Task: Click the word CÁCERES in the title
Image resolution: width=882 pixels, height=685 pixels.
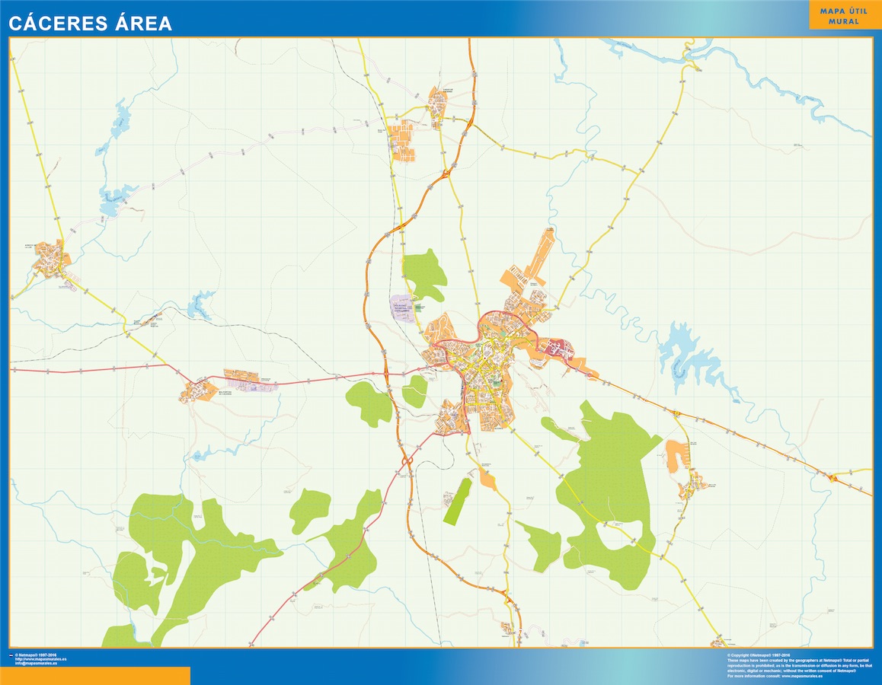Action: [53, 24]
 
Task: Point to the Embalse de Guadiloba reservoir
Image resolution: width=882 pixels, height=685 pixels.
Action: [689, 355]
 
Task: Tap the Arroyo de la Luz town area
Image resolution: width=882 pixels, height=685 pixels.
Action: [52, 260]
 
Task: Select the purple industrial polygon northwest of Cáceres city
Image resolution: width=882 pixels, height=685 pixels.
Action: [401, 307]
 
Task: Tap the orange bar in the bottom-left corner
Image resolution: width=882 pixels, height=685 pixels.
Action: [94, 676]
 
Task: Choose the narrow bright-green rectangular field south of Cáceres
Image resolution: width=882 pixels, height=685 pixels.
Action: [457, 501]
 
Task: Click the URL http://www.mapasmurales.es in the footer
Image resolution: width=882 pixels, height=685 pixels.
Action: [40, 658]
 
